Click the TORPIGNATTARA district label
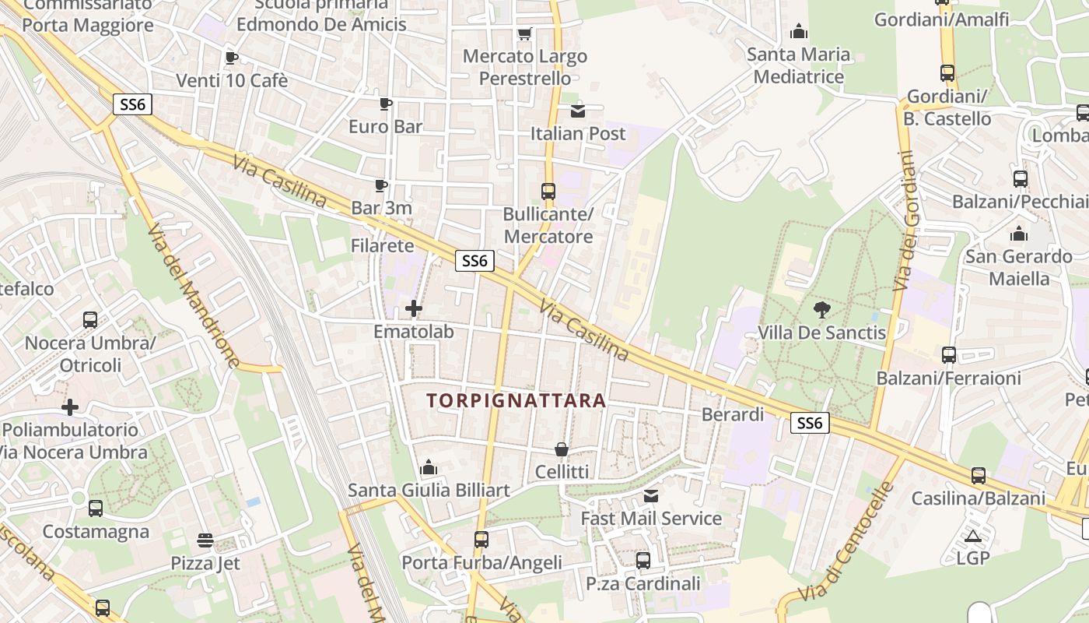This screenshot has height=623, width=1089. pyautogui.click(x=516, y=400)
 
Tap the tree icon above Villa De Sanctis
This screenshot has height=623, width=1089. pyautogui.click(x=821, y=310)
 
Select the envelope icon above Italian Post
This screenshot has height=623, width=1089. pyautogui.click(x=577, y=111)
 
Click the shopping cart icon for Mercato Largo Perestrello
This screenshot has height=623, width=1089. pyautogui.click(x=525, y=34)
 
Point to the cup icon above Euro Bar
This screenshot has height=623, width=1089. pyautogui.click(x=385, y=104)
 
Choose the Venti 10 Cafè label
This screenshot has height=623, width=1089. pyautogui.click(x=232, y=80)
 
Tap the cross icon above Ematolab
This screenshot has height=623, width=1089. pyautogui.click(x=414, y=308)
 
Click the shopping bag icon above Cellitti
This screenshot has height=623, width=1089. pyautogui.click(x=561, y=449)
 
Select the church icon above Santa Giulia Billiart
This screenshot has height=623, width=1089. pyautogui.click(x=428, y=467)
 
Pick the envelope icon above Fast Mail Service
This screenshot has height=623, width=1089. pyautogui.click(x=651, y=496)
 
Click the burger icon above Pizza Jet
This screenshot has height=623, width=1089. pyautogui.click(x=205, y=540)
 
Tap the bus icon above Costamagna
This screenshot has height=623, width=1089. pyautogui.click(x=96, y=509)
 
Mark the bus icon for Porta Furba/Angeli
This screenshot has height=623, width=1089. pyautogui.click(x=481, y=539)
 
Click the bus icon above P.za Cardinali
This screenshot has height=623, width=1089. pyautogui.click(x=643, y=561)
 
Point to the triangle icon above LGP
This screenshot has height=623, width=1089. pyautogui.click(x=972, y=536)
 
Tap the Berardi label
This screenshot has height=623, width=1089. pyautogui.click(x=733, y=414)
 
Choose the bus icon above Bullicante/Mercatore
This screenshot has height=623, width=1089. pyautogui.click(x=548, y=191)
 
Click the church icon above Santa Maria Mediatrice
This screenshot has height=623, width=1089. pyautogui.click(x=798, y=32)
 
